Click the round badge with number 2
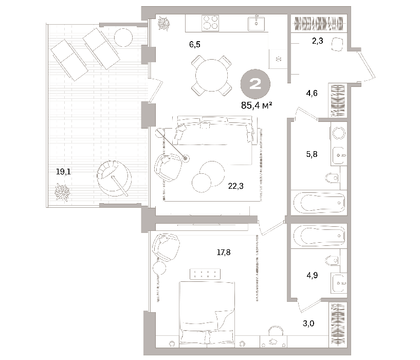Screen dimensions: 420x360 pos(255,84)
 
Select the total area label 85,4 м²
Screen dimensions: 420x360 pos(257,105)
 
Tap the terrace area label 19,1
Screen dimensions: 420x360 pos(63,172)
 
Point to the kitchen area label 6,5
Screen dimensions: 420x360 pos(195,45)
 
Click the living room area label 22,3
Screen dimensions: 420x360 pos(236,186)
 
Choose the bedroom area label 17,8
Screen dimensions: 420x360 pos(224,252)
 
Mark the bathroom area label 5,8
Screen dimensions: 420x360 pos(312,154)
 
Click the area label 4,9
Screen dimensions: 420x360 pos(312,275)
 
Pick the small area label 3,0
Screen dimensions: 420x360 pos(308,323)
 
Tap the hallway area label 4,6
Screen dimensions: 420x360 pos(312,93)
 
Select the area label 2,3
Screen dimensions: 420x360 pos(317,41)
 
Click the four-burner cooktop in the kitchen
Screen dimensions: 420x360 pos(210,23)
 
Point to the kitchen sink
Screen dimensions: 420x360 pos(257,23)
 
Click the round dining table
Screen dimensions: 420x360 pos(212,75)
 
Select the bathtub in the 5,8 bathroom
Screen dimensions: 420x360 pos(319,203)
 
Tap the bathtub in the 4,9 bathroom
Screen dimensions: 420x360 pos(319,236)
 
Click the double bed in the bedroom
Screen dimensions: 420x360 pos(207,313)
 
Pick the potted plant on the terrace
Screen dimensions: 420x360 pos(62,192)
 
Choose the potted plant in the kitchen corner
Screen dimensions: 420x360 pos(163,24)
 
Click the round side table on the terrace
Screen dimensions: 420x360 pos(123,38)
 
